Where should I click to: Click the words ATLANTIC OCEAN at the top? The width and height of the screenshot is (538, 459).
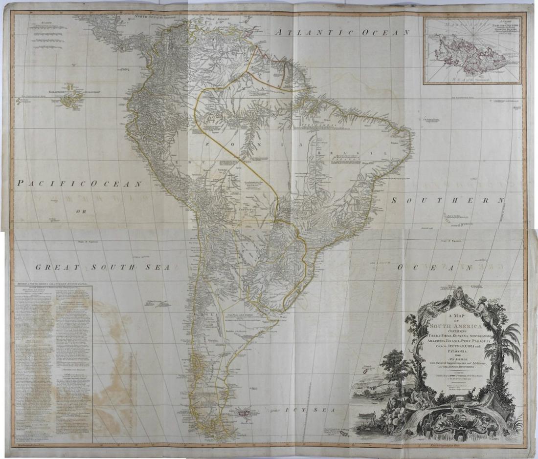click(342, 33)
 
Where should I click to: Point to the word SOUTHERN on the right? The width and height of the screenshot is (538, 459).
click(447, 200)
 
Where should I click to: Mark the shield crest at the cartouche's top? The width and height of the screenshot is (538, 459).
click(457, 295)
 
